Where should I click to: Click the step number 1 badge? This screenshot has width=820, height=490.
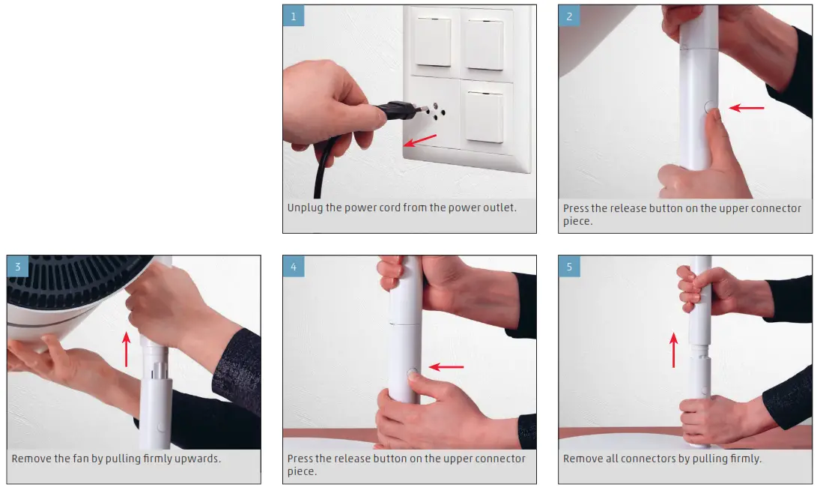coord(294,16)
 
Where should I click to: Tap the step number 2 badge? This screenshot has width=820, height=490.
coord(569,16)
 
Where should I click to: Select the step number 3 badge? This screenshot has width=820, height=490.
coord(18,266)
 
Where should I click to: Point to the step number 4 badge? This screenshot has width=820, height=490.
coord(294,266)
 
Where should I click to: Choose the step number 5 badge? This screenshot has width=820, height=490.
coord(569,266)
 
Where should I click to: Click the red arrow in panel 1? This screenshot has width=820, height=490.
coord(420,140)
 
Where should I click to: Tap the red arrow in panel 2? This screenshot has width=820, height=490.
coord(747,108)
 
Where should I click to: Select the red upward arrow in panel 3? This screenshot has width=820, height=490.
coord(126,349)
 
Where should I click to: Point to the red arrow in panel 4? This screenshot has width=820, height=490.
coord(446,367)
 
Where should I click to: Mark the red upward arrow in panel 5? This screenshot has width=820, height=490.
coord(673,351)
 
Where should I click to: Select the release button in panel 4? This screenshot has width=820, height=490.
coord(413,373)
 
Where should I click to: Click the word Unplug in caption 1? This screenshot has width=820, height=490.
coord(305,208)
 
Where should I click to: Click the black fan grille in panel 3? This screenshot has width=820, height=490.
coord(73,279)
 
